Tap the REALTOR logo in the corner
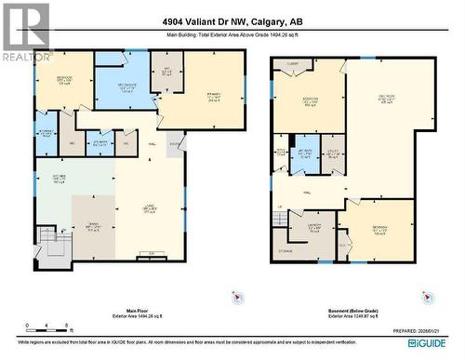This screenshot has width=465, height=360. (25, 33)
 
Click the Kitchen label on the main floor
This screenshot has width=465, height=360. (58, 180)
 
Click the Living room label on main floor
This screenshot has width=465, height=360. (150, 210)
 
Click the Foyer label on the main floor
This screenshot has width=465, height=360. (176, 143)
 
